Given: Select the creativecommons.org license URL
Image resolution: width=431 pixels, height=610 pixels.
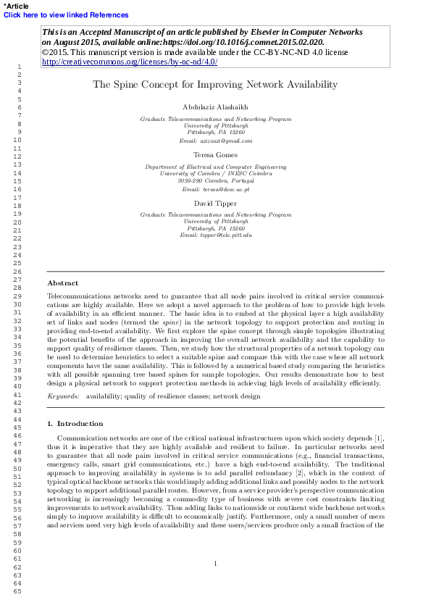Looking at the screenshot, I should pos(130,62).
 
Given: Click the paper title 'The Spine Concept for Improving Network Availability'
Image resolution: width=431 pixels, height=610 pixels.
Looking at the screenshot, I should pos(215,85).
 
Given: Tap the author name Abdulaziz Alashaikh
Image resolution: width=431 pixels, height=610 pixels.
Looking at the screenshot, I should pos(215,106).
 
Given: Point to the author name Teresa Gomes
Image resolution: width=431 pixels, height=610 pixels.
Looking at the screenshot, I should pos(215,155).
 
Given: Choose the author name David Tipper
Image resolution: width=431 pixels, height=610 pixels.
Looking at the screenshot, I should pos(215,204).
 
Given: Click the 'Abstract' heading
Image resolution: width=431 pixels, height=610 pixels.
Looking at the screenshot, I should pos(63,283).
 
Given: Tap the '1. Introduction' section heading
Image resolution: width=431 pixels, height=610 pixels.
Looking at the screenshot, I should pos(75,423).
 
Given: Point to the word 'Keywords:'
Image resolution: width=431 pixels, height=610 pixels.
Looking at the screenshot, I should pos(63,397).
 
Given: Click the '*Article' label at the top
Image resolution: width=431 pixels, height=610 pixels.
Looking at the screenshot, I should pos(16,5).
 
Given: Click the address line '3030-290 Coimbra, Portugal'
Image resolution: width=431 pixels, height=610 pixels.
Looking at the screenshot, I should pos(215,181).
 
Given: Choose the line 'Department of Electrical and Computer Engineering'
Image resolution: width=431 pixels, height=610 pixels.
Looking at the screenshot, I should pos(215,167).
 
